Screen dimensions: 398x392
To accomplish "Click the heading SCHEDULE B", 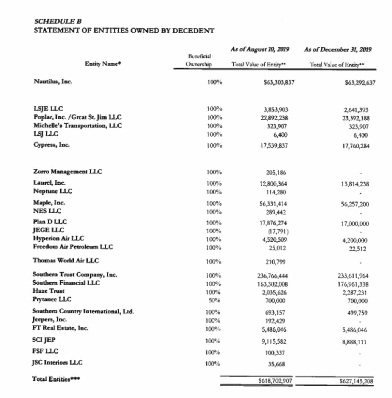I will (58, 21).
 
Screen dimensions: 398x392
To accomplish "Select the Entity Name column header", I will (103, 64).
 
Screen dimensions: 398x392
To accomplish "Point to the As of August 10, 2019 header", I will (260, 49).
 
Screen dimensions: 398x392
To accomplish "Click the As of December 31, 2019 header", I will (338, 49).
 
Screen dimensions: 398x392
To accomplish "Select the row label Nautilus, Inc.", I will (53, 82).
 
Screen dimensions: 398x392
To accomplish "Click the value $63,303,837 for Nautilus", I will (279, 82).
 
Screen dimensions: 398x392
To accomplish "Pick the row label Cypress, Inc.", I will (52, 145).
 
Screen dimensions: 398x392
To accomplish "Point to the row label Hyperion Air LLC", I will (58, 238).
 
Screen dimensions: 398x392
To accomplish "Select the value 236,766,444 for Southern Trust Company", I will (272, 276).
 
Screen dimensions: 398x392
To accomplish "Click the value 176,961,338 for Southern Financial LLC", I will (353, 284).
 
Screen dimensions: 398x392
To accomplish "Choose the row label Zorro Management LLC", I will (68, 172).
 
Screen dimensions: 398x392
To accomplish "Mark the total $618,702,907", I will (275, 381).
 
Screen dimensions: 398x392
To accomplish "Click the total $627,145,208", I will (356, 381).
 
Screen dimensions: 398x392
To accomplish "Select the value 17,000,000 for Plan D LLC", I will (355, 224).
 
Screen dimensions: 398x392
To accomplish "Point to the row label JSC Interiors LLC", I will (57, 363).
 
